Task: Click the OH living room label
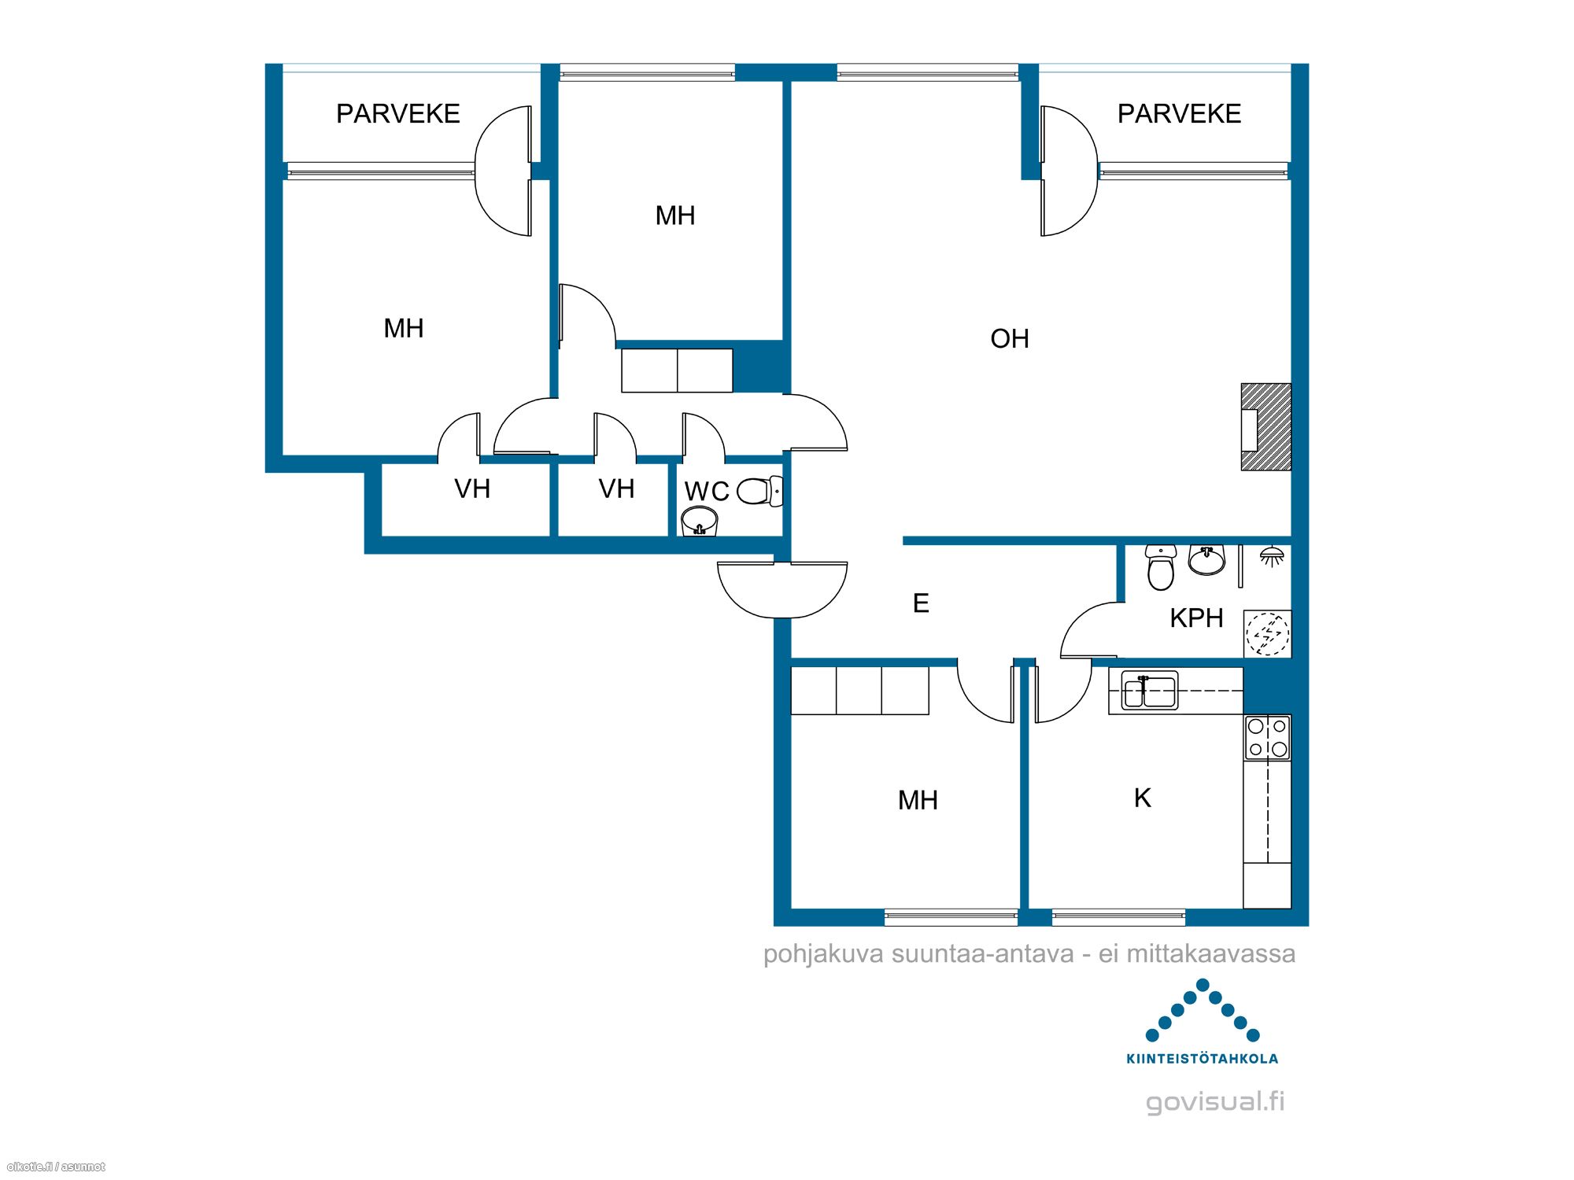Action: [x=1010, y=339]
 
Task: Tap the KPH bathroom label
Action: [x=1196, y=618]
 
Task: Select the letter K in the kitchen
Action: [x=1143, y=798]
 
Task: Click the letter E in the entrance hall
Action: [x=921, y=603]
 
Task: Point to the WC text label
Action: [x=707, y=492]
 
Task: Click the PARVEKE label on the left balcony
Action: [x=398, y=114]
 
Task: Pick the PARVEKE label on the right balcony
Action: [x=1179, y=114]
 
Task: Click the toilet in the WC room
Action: [x=759, y=492]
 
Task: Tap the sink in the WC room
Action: [x=699, y=521]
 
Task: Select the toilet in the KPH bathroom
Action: [x=1161, y=567]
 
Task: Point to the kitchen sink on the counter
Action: [x=1150, y=691]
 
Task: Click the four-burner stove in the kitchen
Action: [x=1267, y=737]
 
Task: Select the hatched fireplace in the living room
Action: [x=1265, y=427]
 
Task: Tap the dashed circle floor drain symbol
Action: [x=1267, y=634]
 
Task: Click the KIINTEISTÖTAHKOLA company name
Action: [x=1202, y=1059]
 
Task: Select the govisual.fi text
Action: [x=1215, y=1102]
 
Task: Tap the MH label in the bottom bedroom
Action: [x=918, y=801]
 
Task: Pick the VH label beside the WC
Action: [x=616, y=489]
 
